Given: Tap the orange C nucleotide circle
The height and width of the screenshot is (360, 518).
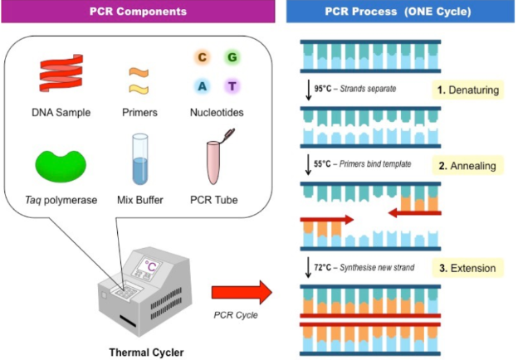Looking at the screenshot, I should point(202,58).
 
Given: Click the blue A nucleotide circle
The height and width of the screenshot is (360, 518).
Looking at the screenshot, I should point(202,86).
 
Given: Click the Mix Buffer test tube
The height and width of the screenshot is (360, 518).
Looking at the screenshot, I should point(139,159).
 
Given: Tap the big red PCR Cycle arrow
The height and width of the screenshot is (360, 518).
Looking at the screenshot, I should point(242,293).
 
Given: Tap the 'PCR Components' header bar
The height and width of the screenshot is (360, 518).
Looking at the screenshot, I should point(137,13).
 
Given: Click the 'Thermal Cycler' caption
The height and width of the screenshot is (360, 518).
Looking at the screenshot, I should point(144,351).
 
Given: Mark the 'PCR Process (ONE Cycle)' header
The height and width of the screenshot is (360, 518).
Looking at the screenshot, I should point(401,13).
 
